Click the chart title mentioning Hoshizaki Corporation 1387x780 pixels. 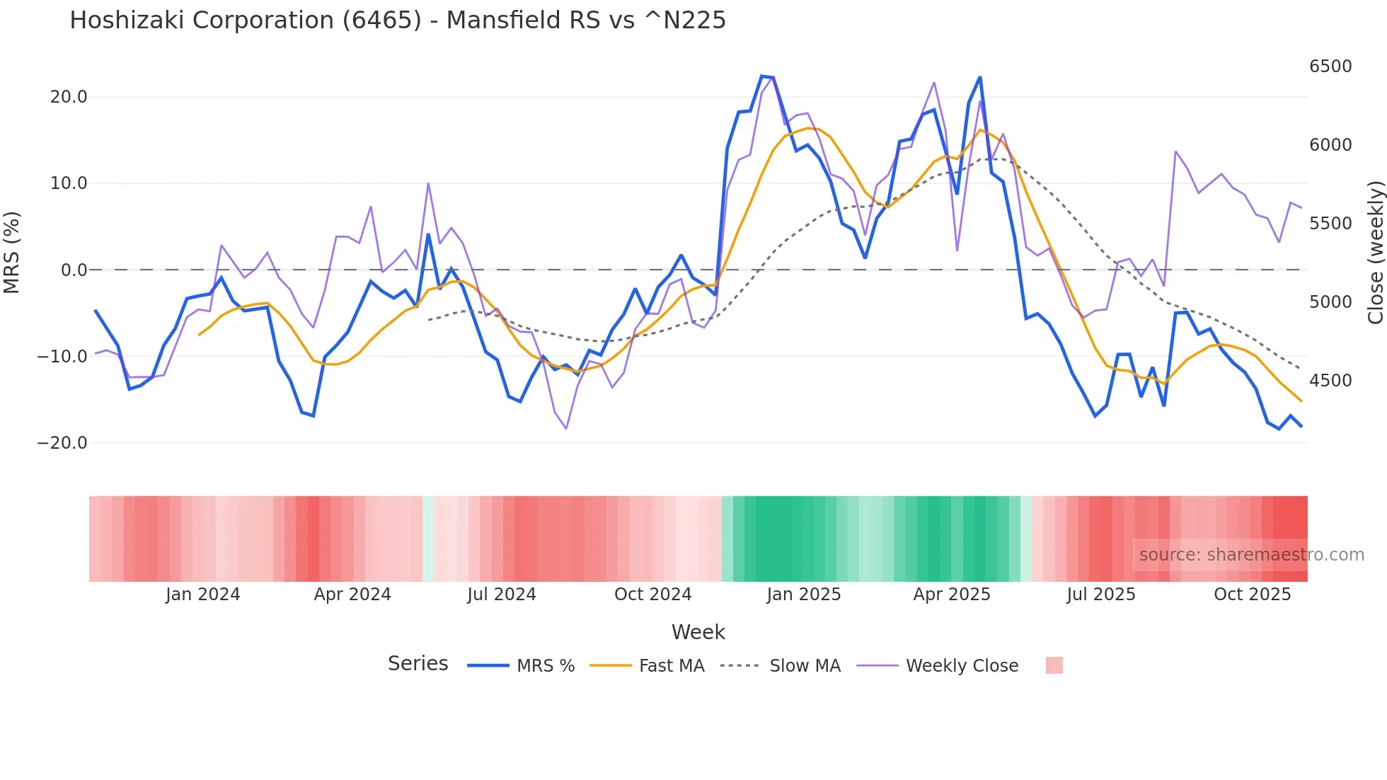tap(398, 21)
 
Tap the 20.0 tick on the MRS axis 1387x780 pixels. tap(69, 97)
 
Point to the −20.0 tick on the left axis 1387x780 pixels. tap(62, 443)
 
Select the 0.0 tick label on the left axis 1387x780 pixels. tap(74, 270)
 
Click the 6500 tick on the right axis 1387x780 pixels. tap(1330, 67)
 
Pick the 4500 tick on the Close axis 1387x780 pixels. tap(1330, 381)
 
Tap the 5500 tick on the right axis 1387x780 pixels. tap(1330, 224)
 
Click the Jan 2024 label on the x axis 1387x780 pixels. tap(203, 595)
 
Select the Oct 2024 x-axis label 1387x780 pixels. tap(652, 595)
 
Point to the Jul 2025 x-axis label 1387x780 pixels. tap(1101, 595)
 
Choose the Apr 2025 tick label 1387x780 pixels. tap(952, 595)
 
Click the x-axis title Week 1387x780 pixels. tap(698, 632)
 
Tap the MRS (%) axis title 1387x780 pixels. tap(12, 252)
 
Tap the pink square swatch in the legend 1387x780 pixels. tap(1054, 666)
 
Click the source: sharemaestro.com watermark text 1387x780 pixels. tap(1251, 555)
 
